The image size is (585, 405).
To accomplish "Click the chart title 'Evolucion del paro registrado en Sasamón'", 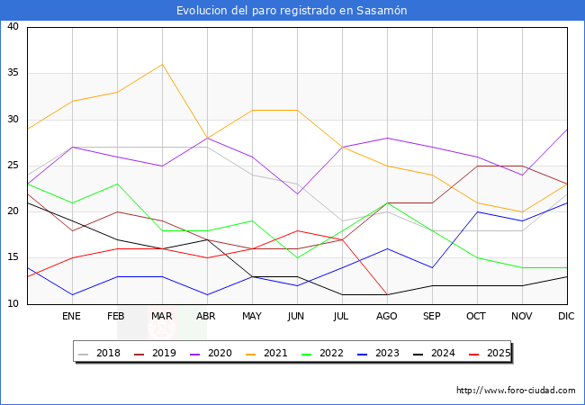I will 292,11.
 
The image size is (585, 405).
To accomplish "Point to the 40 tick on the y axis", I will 13,27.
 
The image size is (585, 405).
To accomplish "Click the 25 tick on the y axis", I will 13,166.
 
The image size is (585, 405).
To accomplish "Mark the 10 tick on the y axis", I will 13,304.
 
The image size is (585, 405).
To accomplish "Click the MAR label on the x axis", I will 162,317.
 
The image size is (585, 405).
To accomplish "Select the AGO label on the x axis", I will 387,317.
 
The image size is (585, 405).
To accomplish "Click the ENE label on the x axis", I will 72,317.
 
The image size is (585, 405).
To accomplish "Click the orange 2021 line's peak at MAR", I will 162,64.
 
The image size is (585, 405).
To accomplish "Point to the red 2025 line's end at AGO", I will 387,294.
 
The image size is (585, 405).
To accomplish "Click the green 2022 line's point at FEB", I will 117,184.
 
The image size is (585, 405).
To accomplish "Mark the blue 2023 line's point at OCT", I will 477,211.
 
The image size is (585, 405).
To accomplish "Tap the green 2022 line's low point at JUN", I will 297,257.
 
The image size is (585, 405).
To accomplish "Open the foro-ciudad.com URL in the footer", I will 516,391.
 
